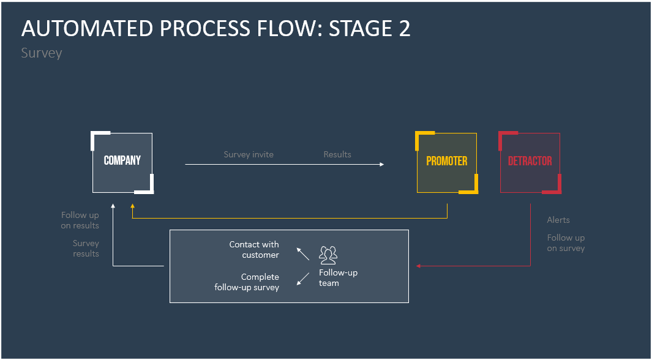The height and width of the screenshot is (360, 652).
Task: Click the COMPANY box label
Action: [x=122, y=160]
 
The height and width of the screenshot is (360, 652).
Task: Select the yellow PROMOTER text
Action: [x=447, y=161]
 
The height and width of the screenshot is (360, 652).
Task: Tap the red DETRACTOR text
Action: [x=530, y=161]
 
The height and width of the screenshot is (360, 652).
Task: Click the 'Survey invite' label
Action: [x=249, y=154]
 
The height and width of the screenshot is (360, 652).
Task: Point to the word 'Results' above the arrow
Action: [x=337, y=154]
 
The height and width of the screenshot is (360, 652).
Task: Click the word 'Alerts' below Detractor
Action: [x=558, y=220]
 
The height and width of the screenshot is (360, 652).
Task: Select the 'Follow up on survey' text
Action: [x=566, y=243]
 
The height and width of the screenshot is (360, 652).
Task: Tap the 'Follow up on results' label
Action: [x=80, y=220]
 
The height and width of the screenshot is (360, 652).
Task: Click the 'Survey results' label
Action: [x=86, y=249]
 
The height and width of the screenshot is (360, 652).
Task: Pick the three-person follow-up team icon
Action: [x=328, y=254]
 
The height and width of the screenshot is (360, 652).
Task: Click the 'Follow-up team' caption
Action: [x=338, y=278]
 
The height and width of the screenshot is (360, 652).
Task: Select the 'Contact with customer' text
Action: [x=254, y=250]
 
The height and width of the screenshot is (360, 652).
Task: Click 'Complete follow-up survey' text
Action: [x=247, y=282]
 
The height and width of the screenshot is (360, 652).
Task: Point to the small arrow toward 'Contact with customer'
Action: [x=302, y=253]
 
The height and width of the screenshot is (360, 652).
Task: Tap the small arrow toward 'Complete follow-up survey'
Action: [x=302, y=279]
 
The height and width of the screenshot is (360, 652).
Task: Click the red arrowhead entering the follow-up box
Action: [x=418, y=266]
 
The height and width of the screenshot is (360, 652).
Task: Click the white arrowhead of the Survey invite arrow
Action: [x=381, y=164]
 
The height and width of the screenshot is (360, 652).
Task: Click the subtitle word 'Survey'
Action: [x=42, y=53]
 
